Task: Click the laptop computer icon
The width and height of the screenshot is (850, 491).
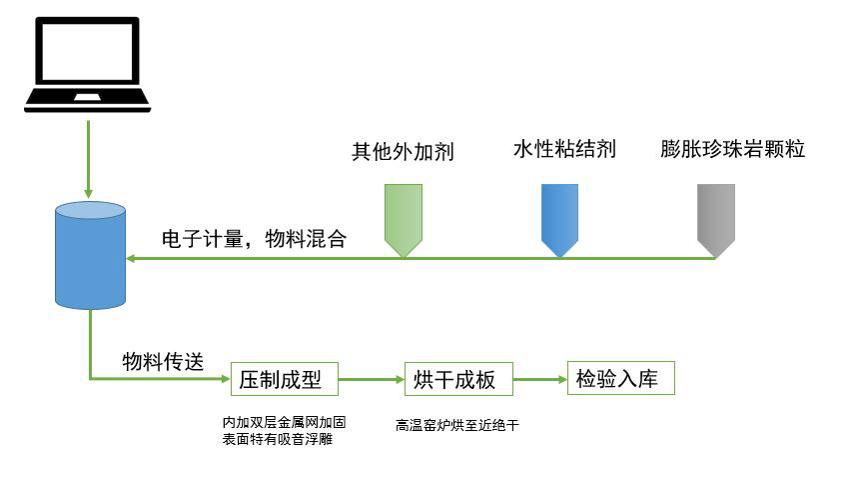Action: pyautogui.click(x=88, y=62)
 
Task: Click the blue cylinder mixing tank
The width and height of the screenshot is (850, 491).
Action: pyautogui.click(x=91, y=255)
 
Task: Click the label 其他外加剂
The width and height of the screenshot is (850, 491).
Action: pyautogui.click(x=403, y=152)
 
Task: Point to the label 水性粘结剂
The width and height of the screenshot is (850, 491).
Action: pyautogui.click(x=564, y=150)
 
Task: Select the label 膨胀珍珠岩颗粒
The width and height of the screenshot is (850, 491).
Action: pyautogui.click(x=733, y=150)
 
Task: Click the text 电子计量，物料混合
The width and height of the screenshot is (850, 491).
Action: pyautogui.click(x=254, y=239)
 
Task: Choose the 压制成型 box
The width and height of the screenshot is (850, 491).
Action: pyautogui.click(x=284, y=380)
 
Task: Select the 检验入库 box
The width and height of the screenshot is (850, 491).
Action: pyautogui.click(x=620, y=379)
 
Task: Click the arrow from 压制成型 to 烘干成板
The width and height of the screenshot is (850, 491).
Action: pyautogui.click(x=371, y=380)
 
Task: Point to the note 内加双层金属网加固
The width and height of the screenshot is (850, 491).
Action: pyautogui.click(x=284, y=423)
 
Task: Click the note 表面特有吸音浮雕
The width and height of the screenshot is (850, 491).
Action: pyautogui.click(x=277, y=439)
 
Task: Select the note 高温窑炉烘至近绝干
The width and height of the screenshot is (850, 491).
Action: pyautogui.click(x=458, y=425)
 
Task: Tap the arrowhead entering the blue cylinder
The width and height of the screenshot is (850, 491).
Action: pyautogui.click(x=132, y=258)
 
